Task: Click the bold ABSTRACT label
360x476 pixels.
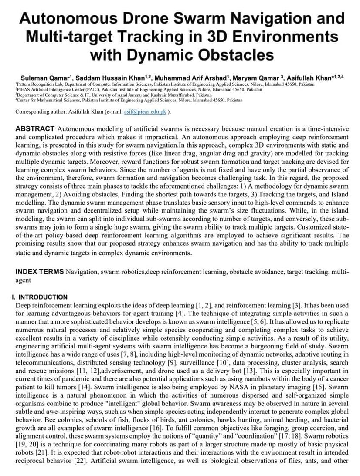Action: pos(35,129)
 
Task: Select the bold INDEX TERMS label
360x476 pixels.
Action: pos(40,272)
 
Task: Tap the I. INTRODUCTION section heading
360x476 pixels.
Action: pos(40,297)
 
